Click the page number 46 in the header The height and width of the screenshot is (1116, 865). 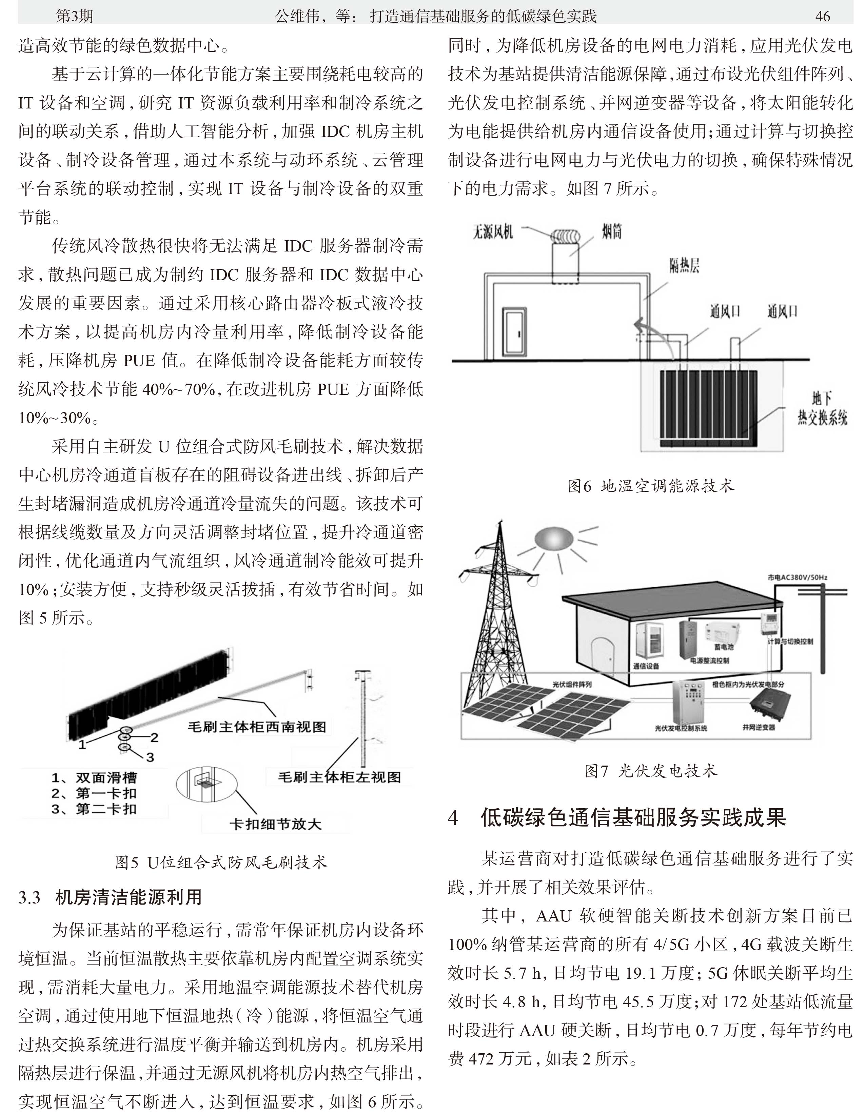[822, 16]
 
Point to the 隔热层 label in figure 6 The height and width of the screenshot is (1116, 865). [684, 266]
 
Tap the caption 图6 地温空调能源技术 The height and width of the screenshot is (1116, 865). [650, 485]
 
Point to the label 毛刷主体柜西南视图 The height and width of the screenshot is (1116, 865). [257, 727]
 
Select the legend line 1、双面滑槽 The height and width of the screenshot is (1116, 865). [94, 778]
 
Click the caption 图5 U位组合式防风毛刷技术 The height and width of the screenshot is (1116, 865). [221, 863]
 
